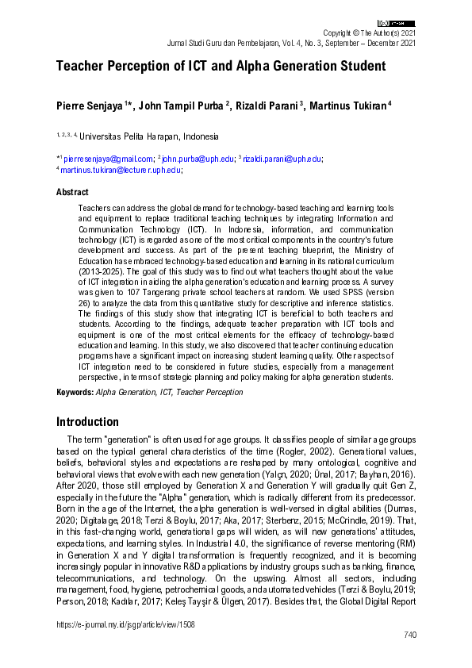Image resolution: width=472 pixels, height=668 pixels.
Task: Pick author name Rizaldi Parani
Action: pyautogui.click(x=270, y=106)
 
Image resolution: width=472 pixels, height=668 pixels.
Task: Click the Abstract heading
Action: pyautogui.click(x=72, y=192)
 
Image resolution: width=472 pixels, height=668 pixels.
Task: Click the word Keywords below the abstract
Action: pyautogui.click(x=75, y=392)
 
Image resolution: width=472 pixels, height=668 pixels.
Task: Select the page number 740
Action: pyautogui.click(x=409, y=635)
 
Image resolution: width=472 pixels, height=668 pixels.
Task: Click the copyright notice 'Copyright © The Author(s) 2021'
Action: pyautogui.click(x=367, y=33)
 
